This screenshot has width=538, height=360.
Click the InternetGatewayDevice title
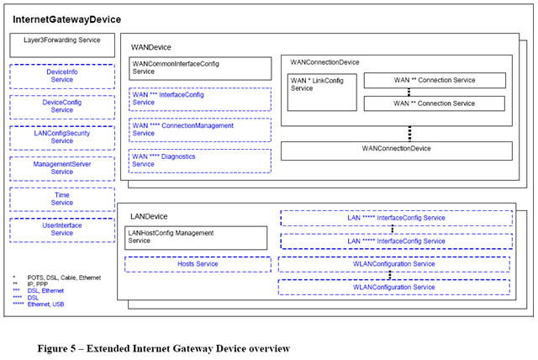click(67, 19)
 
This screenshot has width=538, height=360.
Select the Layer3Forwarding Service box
click(62, 45)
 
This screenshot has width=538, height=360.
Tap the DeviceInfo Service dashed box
click(62, 77)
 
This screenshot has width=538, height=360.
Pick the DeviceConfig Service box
click(62, 107)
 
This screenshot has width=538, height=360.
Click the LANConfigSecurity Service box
click(62, 138)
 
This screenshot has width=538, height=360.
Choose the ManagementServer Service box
click(62, 169)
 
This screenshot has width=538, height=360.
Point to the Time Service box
click(62, 199)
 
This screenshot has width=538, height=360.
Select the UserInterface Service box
click(62, 230)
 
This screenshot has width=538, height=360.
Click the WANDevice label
click(151, 47)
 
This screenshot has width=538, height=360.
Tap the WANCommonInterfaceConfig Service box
click(200, 68)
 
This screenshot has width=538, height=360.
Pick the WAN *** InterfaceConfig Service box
click(200, 99)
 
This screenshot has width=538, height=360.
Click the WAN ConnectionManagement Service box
click(200, 130)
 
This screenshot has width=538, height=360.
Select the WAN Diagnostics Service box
click(200, 161)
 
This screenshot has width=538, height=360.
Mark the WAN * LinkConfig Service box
click(322, 93)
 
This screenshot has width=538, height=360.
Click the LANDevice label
click(149, 216)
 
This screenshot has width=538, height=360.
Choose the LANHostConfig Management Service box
click(196, 238)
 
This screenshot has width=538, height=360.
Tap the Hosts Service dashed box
click(198, 264)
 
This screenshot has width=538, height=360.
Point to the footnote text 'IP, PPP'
click(38, 284)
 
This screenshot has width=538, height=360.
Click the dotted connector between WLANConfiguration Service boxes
click(390, 275)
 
